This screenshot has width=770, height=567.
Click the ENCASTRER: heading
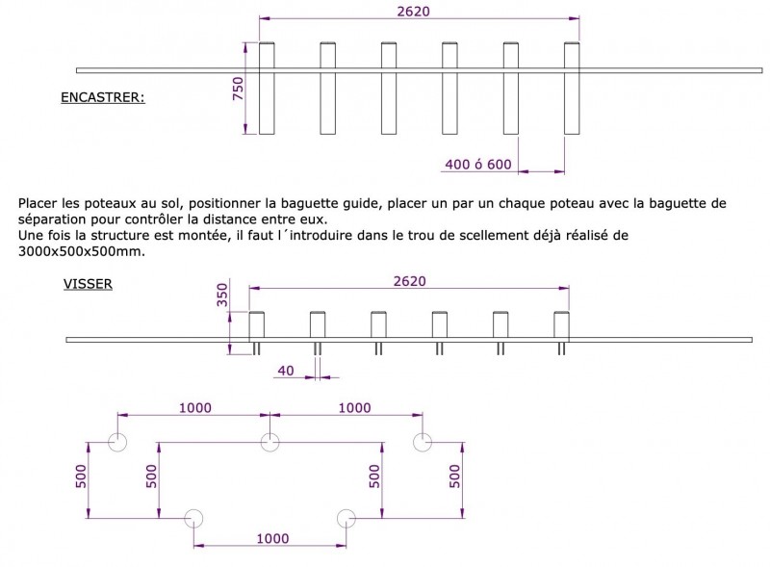[103, 97]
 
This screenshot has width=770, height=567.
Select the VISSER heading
[88, 284]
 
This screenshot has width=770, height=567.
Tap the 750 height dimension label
[238, 89]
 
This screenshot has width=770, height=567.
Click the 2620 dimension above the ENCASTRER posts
[414, 12]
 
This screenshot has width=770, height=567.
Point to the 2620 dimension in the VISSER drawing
[410, 281]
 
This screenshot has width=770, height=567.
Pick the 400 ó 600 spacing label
[478, 164]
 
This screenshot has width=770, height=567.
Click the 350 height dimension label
[222, 295]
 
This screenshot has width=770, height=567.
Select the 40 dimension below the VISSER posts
[286, 371]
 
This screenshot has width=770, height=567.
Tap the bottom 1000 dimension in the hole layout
[272, 538]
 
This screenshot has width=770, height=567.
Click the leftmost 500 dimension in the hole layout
[81, 477]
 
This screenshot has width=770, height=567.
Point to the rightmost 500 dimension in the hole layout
[455, 477]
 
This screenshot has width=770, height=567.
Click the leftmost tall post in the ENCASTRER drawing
[267, 89]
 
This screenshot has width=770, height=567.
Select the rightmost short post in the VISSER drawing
[561, 325]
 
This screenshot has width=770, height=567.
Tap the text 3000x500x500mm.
[82, 251]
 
